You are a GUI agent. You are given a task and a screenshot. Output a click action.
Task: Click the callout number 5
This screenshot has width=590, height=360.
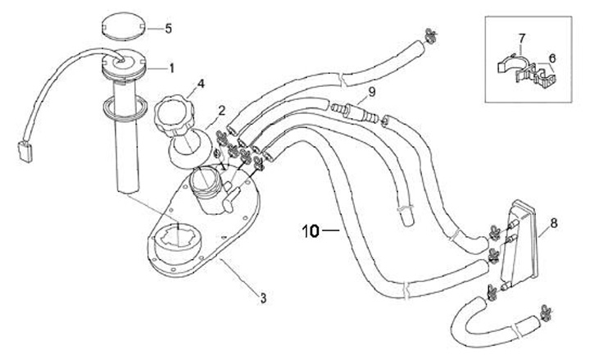168,29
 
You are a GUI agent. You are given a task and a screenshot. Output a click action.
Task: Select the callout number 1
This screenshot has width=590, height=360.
171,69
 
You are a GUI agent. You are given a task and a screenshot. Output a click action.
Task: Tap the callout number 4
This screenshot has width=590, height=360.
201,84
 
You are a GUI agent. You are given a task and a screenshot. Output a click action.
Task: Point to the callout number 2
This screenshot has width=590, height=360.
221,111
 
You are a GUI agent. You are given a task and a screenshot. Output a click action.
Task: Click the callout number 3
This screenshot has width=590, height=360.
263,298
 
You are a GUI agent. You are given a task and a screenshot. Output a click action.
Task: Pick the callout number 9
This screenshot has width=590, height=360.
372,92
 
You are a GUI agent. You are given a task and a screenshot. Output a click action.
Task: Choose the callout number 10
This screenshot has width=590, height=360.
311,230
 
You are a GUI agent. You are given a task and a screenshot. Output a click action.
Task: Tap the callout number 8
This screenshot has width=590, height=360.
553,223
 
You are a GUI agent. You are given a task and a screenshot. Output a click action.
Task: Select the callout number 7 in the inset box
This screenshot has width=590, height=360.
521,39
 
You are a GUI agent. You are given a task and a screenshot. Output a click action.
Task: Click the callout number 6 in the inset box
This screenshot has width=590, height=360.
552,58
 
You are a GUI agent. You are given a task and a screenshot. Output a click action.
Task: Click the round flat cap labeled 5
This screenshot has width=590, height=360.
123,26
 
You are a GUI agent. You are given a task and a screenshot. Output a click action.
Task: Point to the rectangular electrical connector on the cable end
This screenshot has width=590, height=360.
25,152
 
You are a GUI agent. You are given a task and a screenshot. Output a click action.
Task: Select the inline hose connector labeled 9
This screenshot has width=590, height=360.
354,112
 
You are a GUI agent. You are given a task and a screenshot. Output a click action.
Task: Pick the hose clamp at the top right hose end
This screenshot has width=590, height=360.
430,36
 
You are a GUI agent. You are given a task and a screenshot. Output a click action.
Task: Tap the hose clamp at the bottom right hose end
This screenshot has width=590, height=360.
545,312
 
